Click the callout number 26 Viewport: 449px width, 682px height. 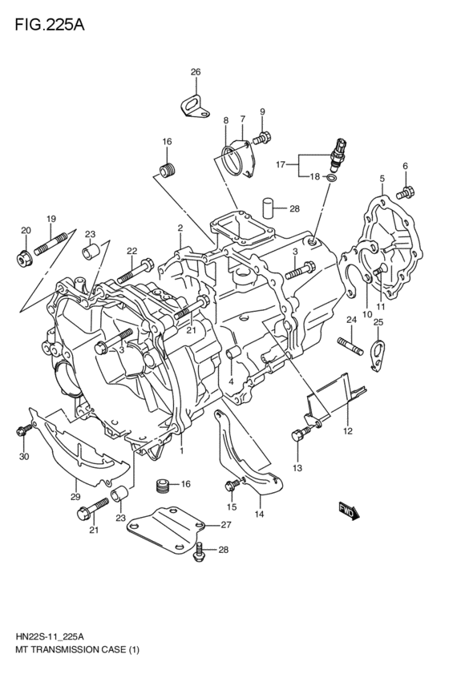(195, 72)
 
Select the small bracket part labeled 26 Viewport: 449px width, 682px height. (192, 107)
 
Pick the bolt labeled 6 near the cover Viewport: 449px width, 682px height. (406, 192)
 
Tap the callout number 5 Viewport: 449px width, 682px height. (382, 178)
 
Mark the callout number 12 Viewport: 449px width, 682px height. (347, 430)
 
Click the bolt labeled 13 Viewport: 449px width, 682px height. (300, 436)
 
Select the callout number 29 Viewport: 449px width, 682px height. (75, 496)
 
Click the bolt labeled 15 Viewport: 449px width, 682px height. (233, 484)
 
